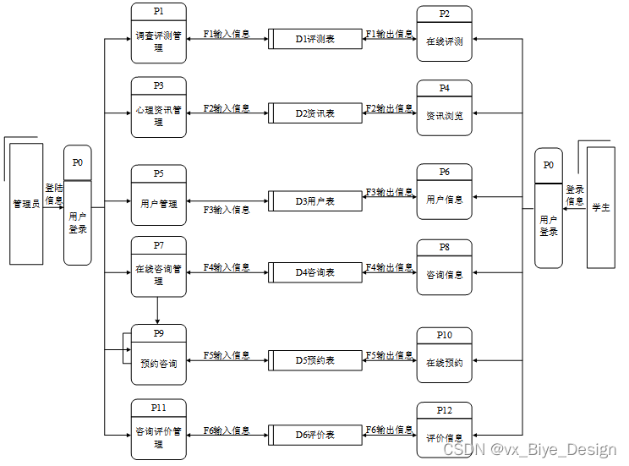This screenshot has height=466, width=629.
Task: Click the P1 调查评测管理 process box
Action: (x=159, y=34)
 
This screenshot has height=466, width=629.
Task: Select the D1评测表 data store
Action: (x=315, y=39)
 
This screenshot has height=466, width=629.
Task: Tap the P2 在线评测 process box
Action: (x=444, y=35)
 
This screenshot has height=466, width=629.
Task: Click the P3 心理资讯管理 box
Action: (x=159, y=107)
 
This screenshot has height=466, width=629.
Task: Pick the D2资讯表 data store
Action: (x=315, y=113)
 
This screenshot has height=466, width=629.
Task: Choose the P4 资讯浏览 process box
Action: (x=444, y=108)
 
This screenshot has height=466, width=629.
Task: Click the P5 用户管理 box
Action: (x=159, y=196)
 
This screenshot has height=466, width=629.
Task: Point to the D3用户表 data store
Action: (x=315, y=201)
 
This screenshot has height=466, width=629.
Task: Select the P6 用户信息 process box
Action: (x=444, y=193)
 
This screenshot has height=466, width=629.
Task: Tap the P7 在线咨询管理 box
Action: (x=159, y=267)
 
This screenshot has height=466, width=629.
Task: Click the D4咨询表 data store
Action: (x=315, y=272)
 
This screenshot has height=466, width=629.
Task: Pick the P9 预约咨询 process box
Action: (x=159, y=355)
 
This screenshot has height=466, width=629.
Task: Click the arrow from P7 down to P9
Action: (x=158, y=310)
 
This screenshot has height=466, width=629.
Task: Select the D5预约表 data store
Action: (x=315, y=360)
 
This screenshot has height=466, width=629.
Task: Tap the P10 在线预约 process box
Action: (x=444, y=355)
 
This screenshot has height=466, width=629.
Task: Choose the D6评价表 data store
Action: (x=315, y=435)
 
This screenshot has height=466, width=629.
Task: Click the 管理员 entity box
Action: (x=26, y=204)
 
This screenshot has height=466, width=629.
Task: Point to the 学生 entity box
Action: (x=600, y=207)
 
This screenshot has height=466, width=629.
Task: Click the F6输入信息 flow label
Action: (x=227, y=430)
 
